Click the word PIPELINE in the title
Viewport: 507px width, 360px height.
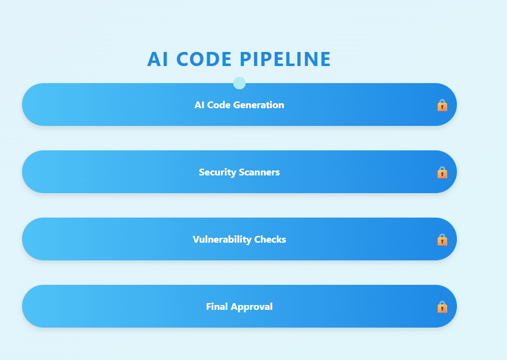click(x=285, y=59)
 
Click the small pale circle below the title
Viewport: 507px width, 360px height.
click(x=239, y=83)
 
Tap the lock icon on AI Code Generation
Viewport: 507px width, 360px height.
click(x=442, y=105)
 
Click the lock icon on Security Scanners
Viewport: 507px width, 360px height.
click(x=442, y=172)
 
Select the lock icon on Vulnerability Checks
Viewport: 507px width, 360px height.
click(x=442, y=240)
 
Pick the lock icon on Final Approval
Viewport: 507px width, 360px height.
click(x=442, y=307)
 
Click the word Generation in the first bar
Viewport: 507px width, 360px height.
click(x=260, y=105)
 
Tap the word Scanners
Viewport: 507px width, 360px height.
click(x=259, y=172)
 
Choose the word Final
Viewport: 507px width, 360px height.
click(x=216, y=307)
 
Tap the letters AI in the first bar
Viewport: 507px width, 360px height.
click(x=199, y=105)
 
